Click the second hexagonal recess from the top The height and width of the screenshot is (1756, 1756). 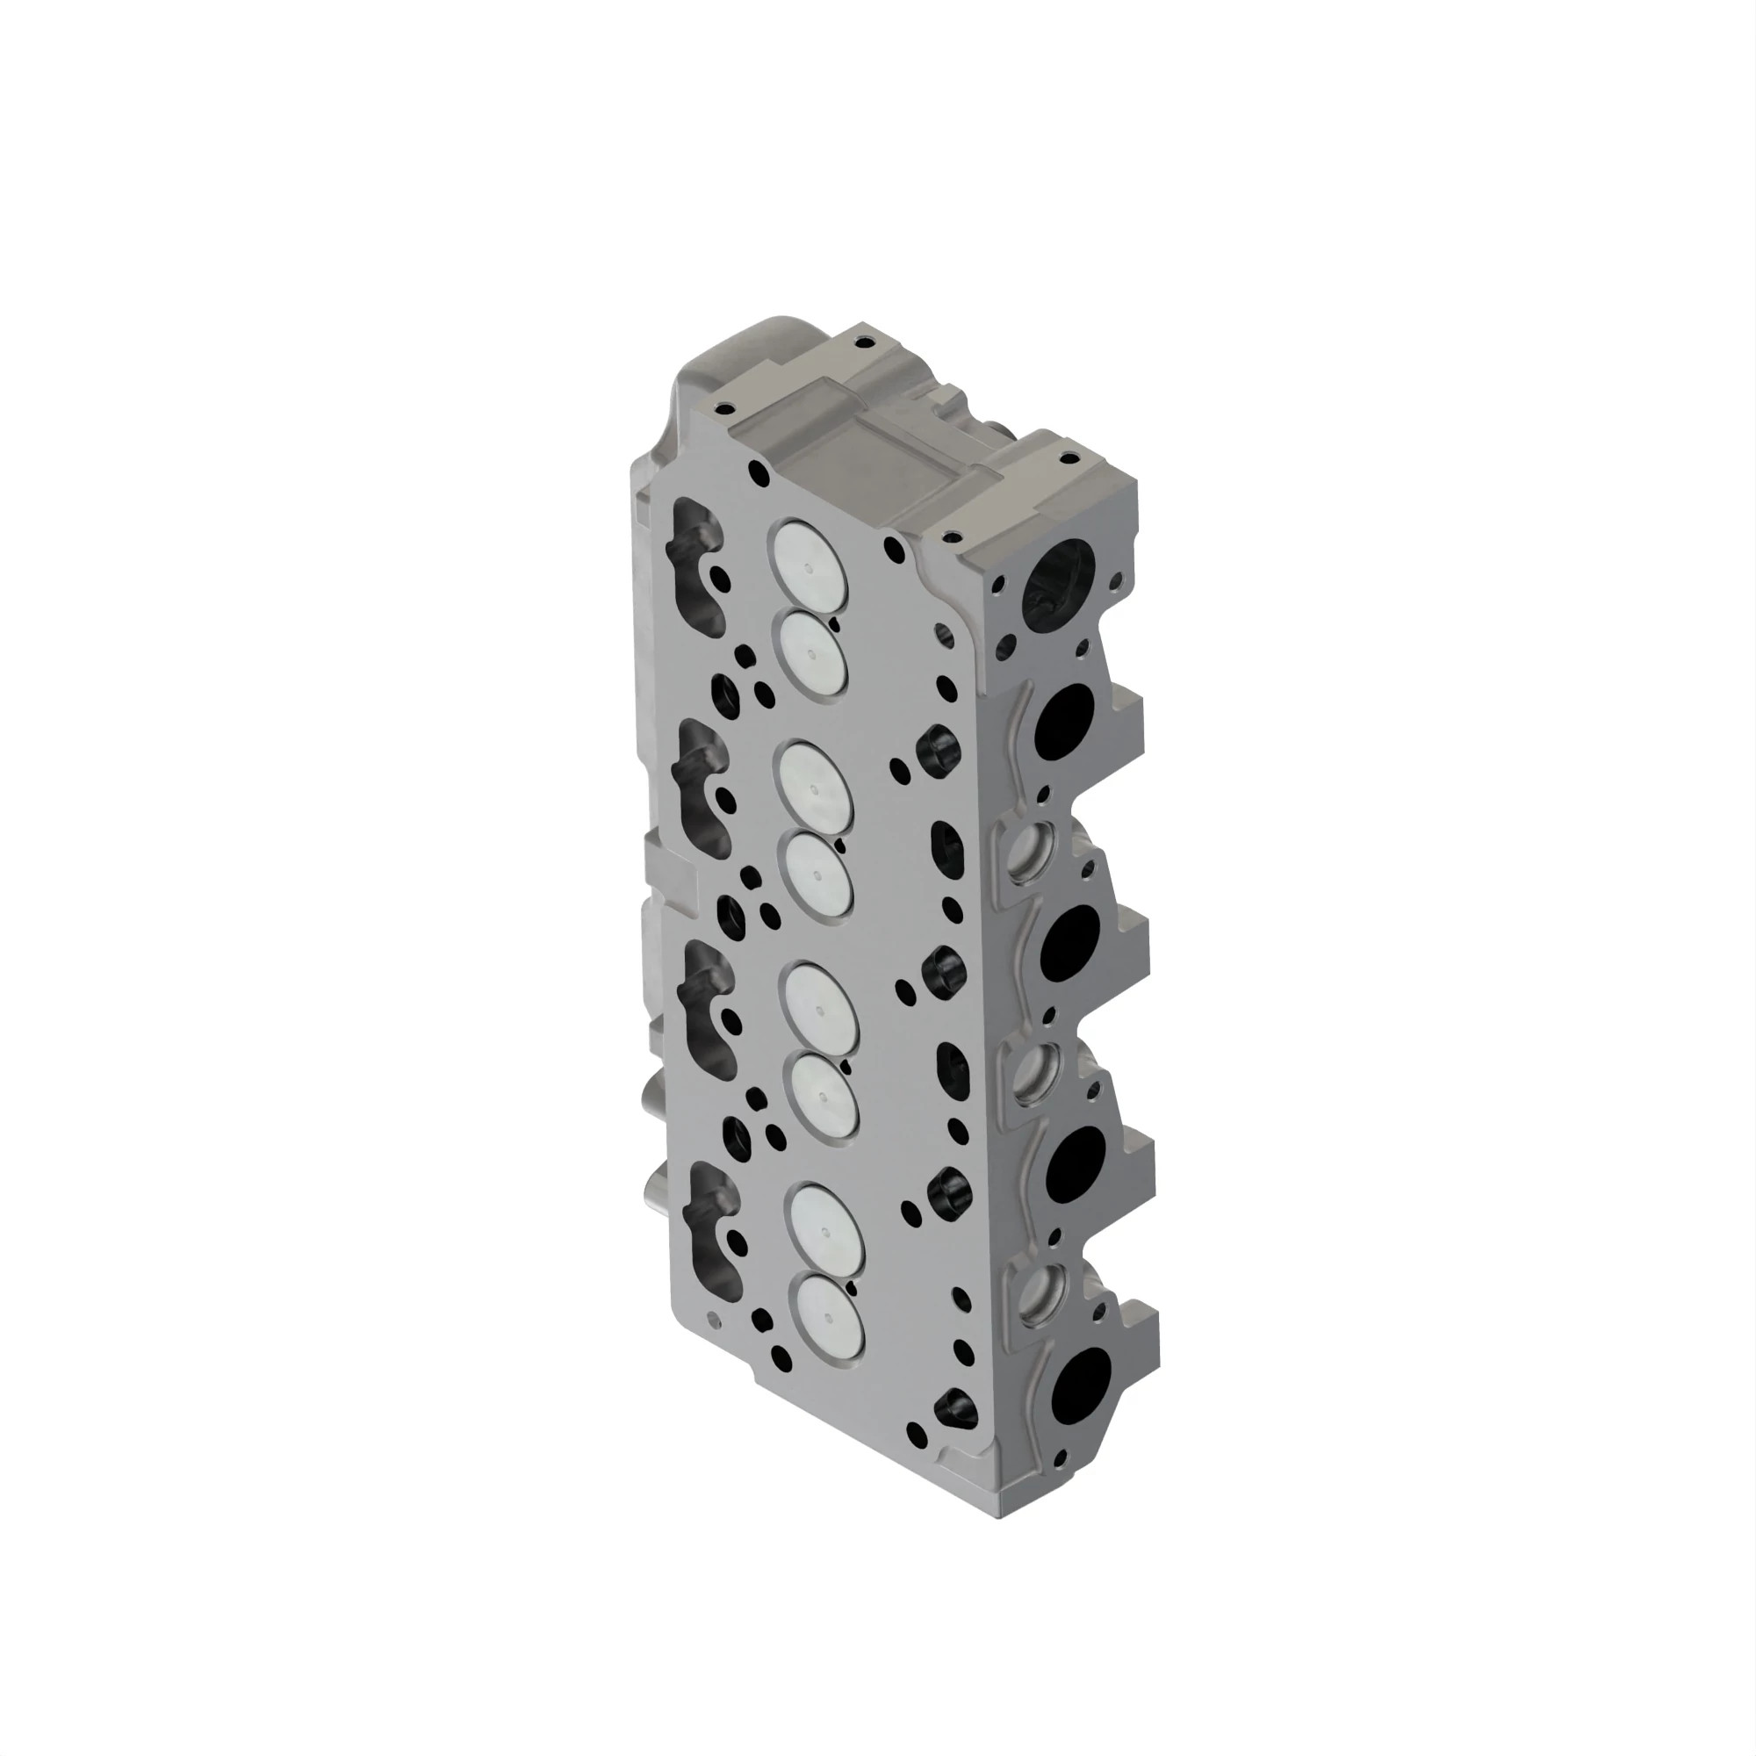point(942,971)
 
